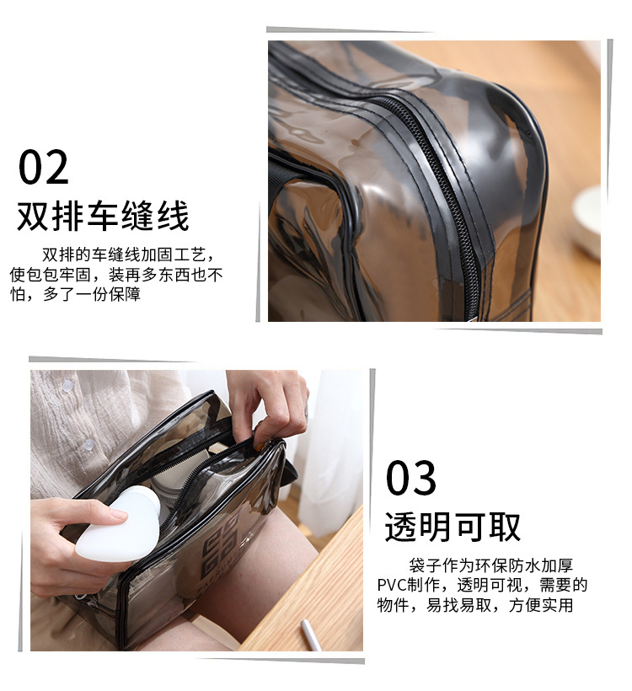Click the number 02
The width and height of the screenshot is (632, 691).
[x=44, y=168]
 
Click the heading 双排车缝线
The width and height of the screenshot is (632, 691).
[x=103, y=216]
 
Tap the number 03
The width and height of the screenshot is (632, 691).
[x=410, y=478]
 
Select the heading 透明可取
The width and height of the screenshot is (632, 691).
[x=453, y=527]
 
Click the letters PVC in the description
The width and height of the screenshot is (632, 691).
[x=392, y=585]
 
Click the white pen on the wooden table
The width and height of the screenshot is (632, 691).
[x=311, y=635]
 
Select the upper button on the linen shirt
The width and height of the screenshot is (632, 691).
[x=67, y=387]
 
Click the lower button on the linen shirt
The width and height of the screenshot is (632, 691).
[x=89, y=444]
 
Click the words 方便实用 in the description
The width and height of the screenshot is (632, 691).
[x=541, y=605]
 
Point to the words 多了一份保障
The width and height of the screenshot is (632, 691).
[x=92, y=294]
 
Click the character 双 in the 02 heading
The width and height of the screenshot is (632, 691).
[x=32, y=216]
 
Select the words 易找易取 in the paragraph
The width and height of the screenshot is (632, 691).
[x=458, y=605]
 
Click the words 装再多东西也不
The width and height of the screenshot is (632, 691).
[x=166, y=275]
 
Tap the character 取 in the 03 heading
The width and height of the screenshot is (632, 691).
[x=506, y=527]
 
